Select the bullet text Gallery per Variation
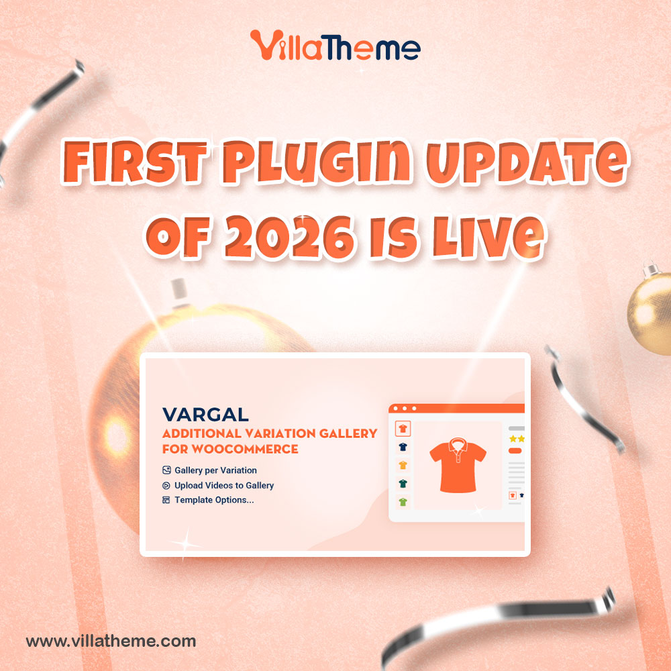215,470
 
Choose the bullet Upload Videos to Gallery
224,485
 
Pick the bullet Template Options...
214,500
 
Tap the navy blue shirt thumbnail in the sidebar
403,446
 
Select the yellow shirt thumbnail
403,464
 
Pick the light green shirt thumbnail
403,501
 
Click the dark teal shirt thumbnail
403,483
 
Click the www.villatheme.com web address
111,641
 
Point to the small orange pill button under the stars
515,451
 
